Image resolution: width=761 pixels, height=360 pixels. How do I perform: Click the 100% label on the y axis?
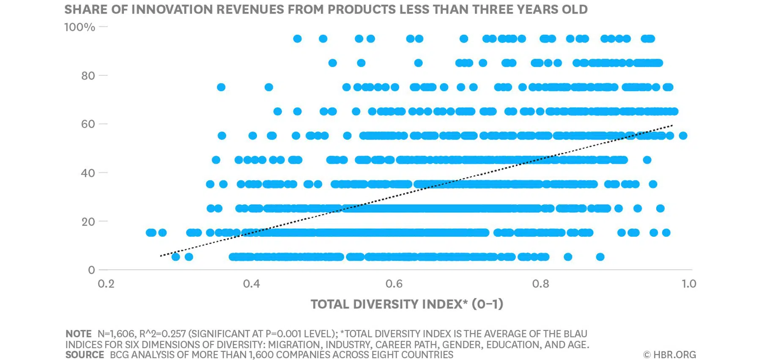(x=79, y=27)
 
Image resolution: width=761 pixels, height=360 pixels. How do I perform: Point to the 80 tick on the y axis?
(x=88, y=76)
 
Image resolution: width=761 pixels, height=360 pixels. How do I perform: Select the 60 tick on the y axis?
(x=88, y=124)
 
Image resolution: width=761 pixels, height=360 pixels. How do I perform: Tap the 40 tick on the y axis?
(x=88, y=173)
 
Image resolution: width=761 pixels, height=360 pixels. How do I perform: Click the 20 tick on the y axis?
(x=88, y=221)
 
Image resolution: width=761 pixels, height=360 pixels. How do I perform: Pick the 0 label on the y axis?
(x=91, y=270)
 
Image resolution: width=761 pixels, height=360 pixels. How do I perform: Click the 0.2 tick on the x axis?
(x=106, y=283)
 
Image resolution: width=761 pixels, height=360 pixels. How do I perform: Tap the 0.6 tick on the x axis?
(x=394, y=283)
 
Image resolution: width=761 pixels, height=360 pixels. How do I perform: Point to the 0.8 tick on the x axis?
(x=540, y=283)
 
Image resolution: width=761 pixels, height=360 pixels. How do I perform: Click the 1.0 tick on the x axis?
(x=689, y=283)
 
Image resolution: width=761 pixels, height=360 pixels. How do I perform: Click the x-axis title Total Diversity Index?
(x=407, y=304)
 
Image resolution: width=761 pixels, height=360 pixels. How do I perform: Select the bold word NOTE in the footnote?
(x=78, y=334)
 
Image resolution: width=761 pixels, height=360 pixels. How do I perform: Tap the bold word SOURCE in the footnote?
(x=85, y=355)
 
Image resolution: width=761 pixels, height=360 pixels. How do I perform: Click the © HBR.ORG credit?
(x=669, y=355)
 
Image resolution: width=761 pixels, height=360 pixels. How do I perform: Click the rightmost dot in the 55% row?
(x=683, y=136)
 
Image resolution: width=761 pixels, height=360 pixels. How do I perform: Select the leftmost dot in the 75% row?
(x=221, y=87)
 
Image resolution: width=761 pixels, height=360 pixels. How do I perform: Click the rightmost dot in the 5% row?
(x=600, y=257)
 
